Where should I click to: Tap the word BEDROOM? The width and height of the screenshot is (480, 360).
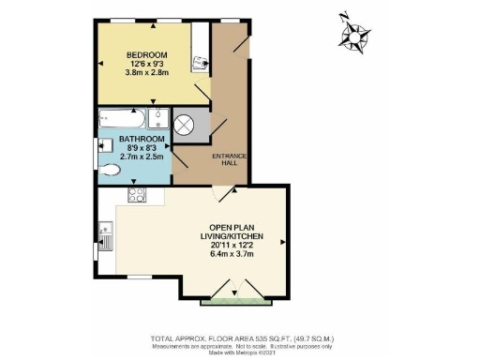point(146,53)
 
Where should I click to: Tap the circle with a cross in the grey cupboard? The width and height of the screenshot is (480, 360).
point(186,126)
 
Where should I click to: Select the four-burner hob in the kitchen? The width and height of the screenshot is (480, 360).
point(135,196)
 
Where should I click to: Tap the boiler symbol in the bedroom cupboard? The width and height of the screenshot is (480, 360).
point(198,64)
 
